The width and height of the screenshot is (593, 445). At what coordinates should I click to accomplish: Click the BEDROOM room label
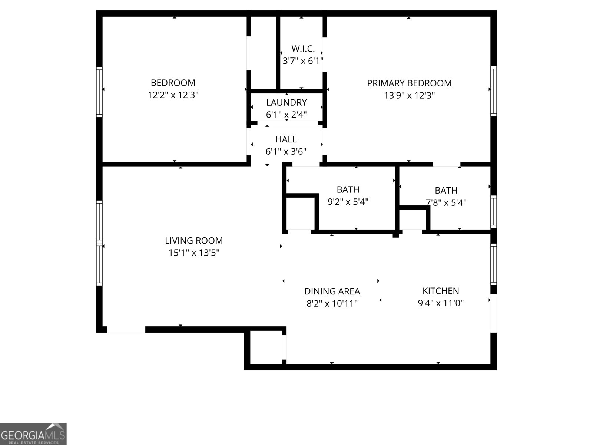tap(173, 83)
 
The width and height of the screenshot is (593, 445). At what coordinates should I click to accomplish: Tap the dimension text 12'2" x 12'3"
tap(173, 95)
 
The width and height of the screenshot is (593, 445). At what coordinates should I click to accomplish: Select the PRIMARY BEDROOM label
tap(409, 83)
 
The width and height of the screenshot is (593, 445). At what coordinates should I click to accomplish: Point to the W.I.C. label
tap(303, 49)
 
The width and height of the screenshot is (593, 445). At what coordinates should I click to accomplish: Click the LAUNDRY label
tap(286, 102)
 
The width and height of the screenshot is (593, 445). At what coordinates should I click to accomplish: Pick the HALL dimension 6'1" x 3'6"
tap(286, 151)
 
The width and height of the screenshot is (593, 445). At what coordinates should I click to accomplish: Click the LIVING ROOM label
tap(194, 240)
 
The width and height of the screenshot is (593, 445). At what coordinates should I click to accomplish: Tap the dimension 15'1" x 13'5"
tap(194, 253)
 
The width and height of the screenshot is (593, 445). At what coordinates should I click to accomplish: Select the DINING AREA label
tap(332, 291)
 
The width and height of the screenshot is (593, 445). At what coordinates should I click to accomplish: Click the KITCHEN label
tap(441, 291)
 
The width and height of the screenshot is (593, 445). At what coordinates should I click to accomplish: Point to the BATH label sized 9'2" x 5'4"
tap(348, 189)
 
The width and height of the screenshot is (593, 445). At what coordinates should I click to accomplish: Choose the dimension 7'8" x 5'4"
tap(446, 202)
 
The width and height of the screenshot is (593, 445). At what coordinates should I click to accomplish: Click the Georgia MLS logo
tap(33, 434)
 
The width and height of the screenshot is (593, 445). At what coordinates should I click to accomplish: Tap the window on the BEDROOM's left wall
tap(99, 92)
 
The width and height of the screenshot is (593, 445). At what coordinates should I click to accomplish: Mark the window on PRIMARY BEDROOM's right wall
tap(493, 91)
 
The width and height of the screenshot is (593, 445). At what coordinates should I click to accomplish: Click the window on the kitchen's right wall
tap(493, 264)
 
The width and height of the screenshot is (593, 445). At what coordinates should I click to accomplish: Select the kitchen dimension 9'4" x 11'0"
tap(441, 303)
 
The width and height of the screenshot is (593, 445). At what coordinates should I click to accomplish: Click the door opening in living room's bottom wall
tap(126, 329)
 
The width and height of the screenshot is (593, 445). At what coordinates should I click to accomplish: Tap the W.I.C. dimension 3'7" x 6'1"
tap(303, 61)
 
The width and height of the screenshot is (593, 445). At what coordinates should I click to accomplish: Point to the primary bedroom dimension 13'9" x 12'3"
tap(409, 95)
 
